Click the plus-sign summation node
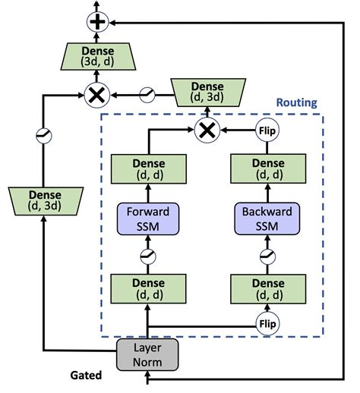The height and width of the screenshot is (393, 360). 98,22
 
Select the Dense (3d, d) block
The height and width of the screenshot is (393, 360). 98,58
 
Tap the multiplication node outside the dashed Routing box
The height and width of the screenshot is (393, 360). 98,95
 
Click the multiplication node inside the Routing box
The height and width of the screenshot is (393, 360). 206,130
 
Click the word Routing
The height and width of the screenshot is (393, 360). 296,103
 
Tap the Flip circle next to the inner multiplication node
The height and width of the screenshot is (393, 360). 267,130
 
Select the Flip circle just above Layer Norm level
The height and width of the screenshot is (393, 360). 267,322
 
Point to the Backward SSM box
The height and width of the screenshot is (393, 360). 267,218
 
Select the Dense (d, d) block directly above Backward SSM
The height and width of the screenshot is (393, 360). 267,168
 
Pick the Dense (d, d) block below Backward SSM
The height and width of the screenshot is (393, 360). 267,289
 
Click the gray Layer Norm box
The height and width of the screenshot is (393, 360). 147,354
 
